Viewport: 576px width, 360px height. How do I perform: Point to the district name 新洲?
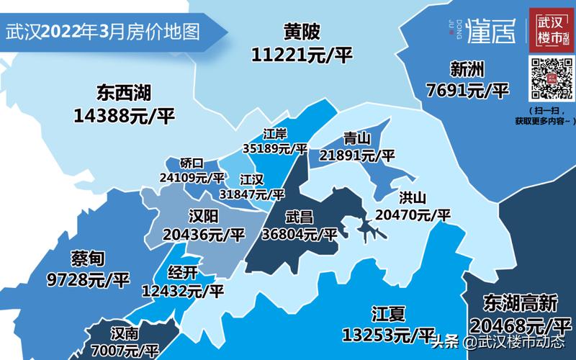[x=467, y=70]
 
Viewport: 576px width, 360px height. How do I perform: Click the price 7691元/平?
[x=467, y=91]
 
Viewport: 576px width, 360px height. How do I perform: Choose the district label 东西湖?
[x=123, y=94]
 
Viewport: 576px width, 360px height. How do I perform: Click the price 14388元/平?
[x=123, y=115]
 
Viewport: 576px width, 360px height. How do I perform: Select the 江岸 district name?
[x=275, y=135]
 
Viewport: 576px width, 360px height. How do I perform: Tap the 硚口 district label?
[x=192, y=163]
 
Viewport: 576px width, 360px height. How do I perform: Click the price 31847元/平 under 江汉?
[x=252, y=194]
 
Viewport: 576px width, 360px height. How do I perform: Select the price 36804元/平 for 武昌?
[x=301, y=234]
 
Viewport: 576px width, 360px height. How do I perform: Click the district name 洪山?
[x=413, y=197]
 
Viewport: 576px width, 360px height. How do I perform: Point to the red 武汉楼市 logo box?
[x=549, y=31]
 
